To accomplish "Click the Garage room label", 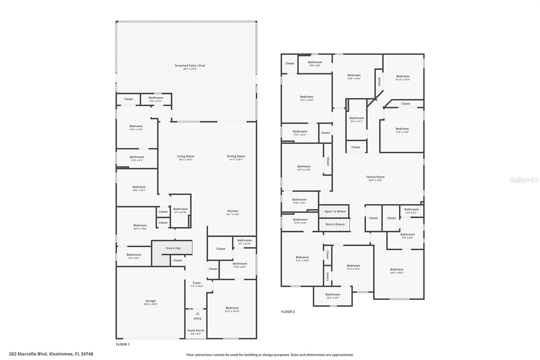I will point(151,301).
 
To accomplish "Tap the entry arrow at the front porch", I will point(197,313).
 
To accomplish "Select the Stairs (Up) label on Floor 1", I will point(173,248).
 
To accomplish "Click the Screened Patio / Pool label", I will point(190,66).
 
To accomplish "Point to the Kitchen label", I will point(233,211).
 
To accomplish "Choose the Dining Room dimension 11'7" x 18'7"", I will point(236,160).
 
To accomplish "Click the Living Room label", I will point(186,156).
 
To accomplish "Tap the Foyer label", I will point(197,283).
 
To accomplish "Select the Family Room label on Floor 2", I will point(375,177).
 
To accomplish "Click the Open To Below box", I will point(335,211).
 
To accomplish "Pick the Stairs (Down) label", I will point(335,224).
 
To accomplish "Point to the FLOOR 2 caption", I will point(288,312).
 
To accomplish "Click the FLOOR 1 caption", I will point(123,344).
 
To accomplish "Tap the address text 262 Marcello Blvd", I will point(51,354).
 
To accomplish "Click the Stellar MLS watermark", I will point(524,180).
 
